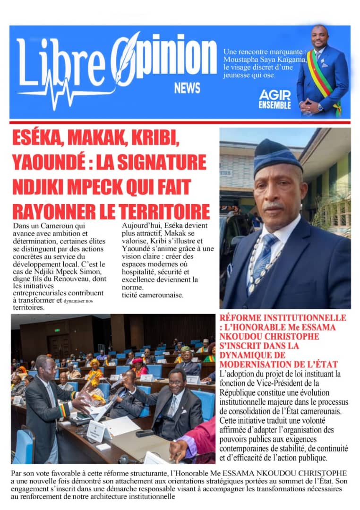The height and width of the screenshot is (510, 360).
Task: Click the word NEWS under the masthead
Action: (187, 88)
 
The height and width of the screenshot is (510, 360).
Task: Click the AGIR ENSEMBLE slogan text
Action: (274, 100)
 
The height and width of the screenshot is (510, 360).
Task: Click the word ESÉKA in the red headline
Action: (38, 139)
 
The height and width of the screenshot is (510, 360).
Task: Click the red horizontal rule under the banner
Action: (180, 122)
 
